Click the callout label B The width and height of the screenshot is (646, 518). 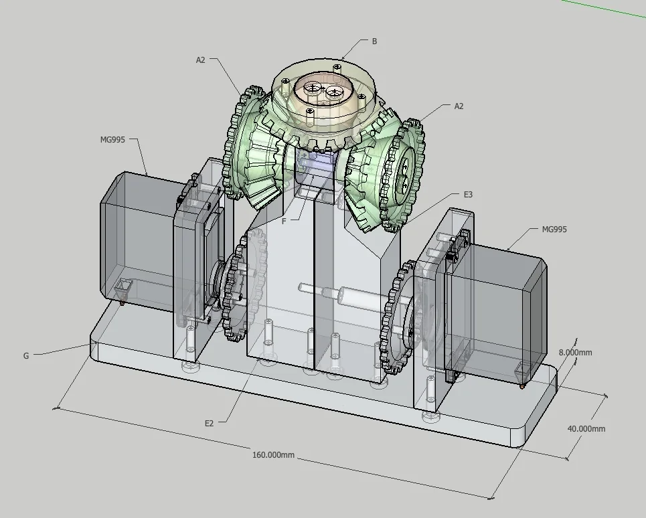[x=374, y=41]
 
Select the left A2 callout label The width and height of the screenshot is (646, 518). [x=201, y=60]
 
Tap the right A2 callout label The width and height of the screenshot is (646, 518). [x=459, y=106]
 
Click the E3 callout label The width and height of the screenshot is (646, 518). [x=468, y=194]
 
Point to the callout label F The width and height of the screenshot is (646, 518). [x=284, y=221]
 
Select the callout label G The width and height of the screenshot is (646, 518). [x=26, y=356]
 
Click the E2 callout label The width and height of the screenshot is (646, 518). [x=210, y=423]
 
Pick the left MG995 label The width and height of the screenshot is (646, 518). [x=112, y=139]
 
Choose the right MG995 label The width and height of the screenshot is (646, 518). [x=554, y=229]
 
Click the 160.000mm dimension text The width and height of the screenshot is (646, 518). [x=273, y=455]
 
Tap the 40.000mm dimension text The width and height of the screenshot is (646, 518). [x=586, y=429]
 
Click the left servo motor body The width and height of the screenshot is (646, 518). [x=134, y=241]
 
